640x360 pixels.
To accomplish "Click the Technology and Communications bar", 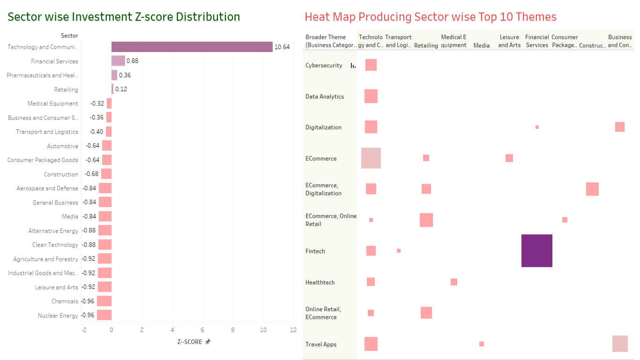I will coord(192,47).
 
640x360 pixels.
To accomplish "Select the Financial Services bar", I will coord(118,61).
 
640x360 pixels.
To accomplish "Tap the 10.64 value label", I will coord(282,47).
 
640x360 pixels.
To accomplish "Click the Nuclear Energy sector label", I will coord(58,315).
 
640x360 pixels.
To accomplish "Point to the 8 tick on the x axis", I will coord(233,330).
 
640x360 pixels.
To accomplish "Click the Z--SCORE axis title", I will coord(190,342).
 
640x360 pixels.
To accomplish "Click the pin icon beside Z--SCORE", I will coord(208,342).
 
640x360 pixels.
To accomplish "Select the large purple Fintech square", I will coord(537,251).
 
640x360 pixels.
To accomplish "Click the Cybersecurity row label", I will coord(324,66).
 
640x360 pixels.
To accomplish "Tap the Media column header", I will coord(482,45).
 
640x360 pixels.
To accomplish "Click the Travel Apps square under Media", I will coord(482,344).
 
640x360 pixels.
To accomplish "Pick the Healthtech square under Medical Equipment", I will coord(454,282).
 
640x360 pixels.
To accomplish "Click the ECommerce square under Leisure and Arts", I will coord(509,158).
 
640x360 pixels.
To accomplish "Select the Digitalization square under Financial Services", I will coord(537,127).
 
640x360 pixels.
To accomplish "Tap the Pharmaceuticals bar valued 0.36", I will coord(114,75).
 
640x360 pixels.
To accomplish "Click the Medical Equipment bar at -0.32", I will coord(109,104).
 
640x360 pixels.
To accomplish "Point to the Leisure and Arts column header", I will coord(509,41).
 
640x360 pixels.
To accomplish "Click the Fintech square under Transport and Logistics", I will coord(399,251).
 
